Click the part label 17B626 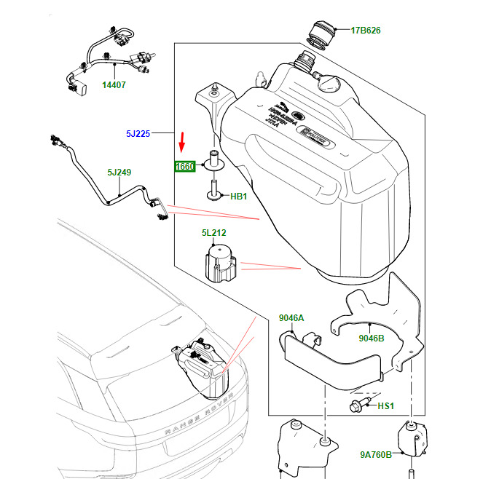pos(366,31)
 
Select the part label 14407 pos(114,85)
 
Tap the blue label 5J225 pos(137,134)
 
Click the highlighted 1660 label pos(185,167)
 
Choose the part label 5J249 pos(119,173)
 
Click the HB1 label pos(240,197)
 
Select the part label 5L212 pos(213,233)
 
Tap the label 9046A pos(291,318)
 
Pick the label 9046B pos(371,338)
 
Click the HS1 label pos(385,405)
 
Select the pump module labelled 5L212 pos(219,264)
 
